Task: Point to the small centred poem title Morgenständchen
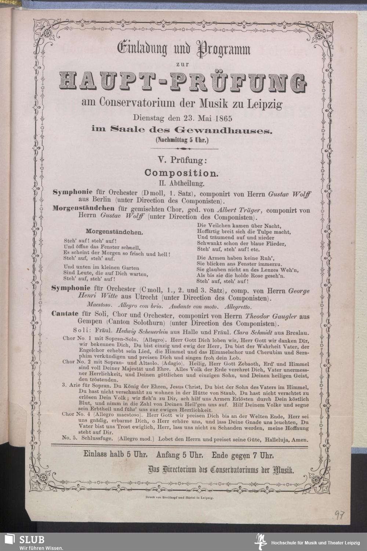pos(114,232)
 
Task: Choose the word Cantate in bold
pos(65,316)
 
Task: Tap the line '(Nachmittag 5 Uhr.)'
pos(182,139)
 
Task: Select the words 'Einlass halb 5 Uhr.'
pos(115,455)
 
